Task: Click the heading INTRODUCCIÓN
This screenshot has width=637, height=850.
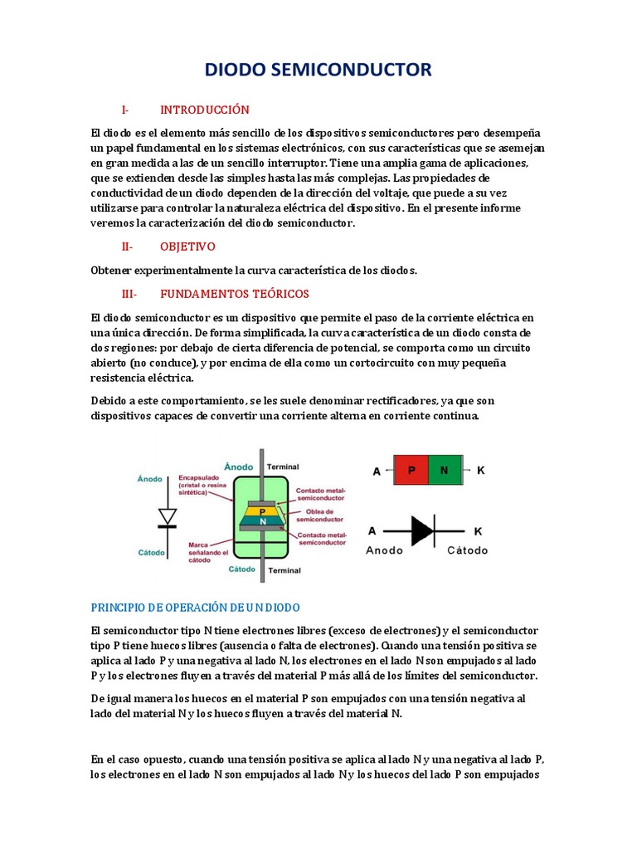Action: click(x=204, y=110)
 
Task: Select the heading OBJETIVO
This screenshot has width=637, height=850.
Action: click(x=187, y=247)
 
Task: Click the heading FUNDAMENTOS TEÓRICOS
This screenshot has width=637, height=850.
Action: click(x=234, y=294)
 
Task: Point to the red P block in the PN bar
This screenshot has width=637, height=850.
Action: click(x=411, y=471)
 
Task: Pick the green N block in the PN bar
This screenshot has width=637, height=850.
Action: click(x=444, y=471)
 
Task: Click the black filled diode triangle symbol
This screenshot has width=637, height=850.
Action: click(x=421, y=530)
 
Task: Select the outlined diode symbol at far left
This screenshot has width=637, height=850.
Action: click(x=168, y=516)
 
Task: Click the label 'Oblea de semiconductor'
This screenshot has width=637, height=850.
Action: click(x=319, y=515)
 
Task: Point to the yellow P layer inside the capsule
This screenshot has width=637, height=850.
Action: click(x=262, y=512)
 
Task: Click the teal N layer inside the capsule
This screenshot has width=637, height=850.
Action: click(x=262, y=521)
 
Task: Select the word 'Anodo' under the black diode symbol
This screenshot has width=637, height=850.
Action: click(x=385, y=550)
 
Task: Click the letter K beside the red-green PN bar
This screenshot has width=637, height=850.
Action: click(x=480, y=471)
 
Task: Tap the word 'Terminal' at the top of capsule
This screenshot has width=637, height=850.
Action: click(x=284, y=467)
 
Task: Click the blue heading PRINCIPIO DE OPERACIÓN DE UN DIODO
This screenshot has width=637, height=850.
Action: click(x=195, y=608)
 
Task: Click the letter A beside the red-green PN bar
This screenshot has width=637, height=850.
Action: click(x=377, y=471)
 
